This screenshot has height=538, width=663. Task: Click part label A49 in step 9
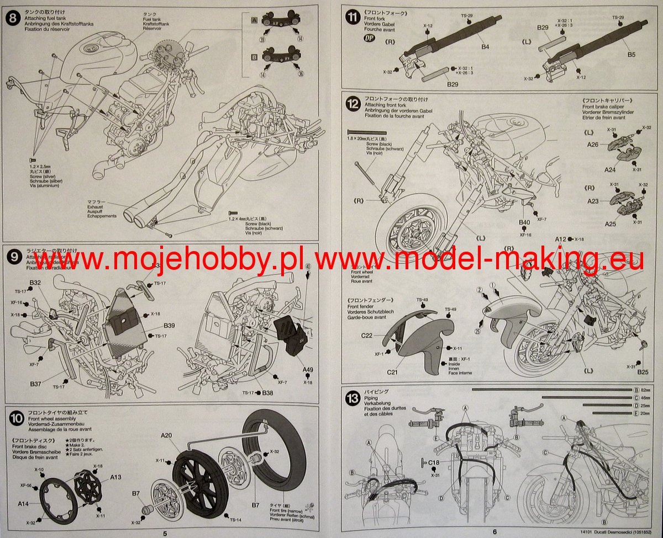click(x=308, y=371)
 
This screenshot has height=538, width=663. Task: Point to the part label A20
click(x=166, y=436)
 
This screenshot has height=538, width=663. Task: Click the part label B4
click(x=485, y=47)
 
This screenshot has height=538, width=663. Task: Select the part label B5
click(x=632, y=55)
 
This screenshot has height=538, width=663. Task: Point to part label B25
click(x=642, y=372)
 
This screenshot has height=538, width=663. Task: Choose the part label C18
click(x=434, y=462)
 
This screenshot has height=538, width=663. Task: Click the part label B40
click(x=524, y=222)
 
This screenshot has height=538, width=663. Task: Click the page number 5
click(x=165, y=532)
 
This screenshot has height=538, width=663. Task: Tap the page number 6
click(x=495, y=532)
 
